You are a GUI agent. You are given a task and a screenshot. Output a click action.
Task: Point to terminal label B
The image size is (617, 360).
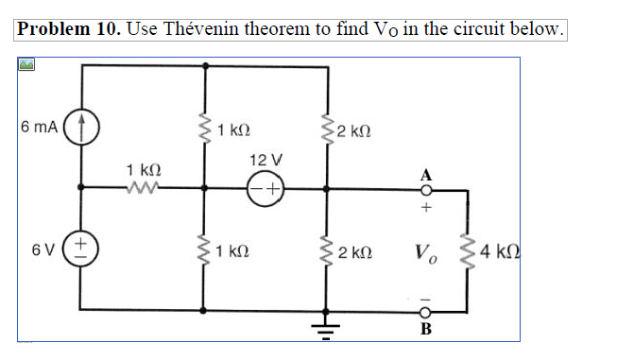click(426, 329)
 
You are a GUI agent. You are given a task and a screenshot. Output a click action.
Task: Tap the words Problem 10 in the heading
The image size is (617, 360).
click(66, 28)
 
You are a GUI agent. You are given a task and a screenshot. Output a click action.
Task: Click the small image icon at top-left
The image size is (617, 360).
click(26, 65)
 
